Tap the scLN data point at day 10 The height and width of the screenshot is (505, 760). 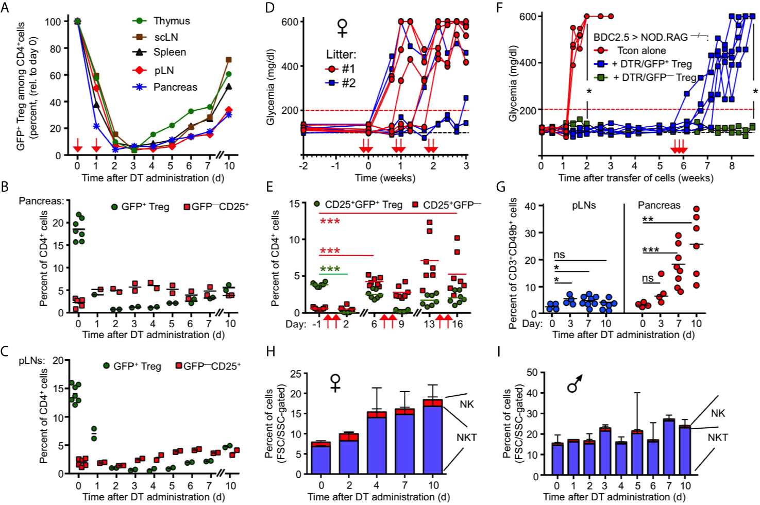coord(229,60)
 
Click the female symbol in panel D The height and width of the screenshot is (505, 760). coord(342,28)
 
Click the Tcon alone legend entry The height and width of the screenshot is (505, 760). coord(641,50)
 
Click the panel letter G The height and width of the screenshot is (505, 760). coord(500,187)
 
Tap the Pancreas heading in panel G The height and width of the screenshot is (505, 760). coord(659,205)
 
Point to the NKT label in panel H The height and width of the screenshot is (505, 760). coord(466,437)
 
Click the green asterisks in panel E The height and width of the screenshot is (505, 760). coord(330,269)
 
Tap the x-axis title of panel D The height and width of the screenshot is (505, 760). coord(385,178)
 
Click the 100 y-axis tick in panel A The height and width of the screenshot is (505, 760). coord(53,22)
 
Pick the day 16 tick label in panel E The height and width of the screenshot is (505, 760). coord(457,324)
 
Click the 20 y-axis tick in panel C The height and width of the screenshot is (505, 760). coord(58,361)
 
